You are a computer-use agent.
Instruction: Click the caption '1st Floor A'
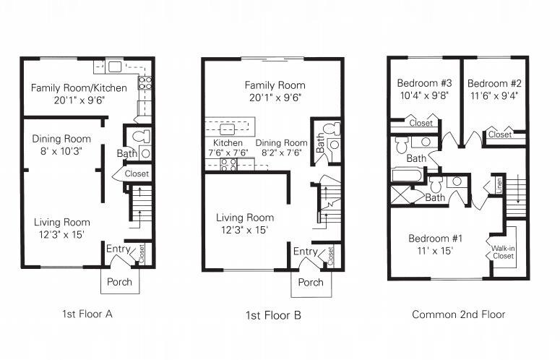[x=87, y=314]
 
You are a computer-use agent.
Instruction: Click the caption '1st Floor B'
[x=274, y=315]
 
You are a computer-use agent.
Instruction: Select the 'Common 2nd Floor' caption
[x=458, y=314]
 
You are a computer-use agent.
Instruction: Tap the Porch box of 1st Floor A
[x=119, y=281]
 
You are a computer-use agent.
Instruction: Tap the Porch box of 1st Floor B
[x=311, y=283]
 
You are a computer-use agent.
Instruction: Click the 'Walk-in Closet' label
[x=503, y=251]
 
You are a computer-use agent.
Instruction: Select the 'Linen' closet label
[x=499, y=184]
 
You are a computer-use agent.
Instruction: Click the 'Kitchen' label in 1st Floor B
[x=223, y=143]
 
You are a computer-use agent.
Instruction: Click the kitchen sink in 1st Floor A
[x=115, y=67]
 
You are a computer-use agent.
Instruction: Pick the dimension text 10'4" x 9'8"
[x=425, y=94]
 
